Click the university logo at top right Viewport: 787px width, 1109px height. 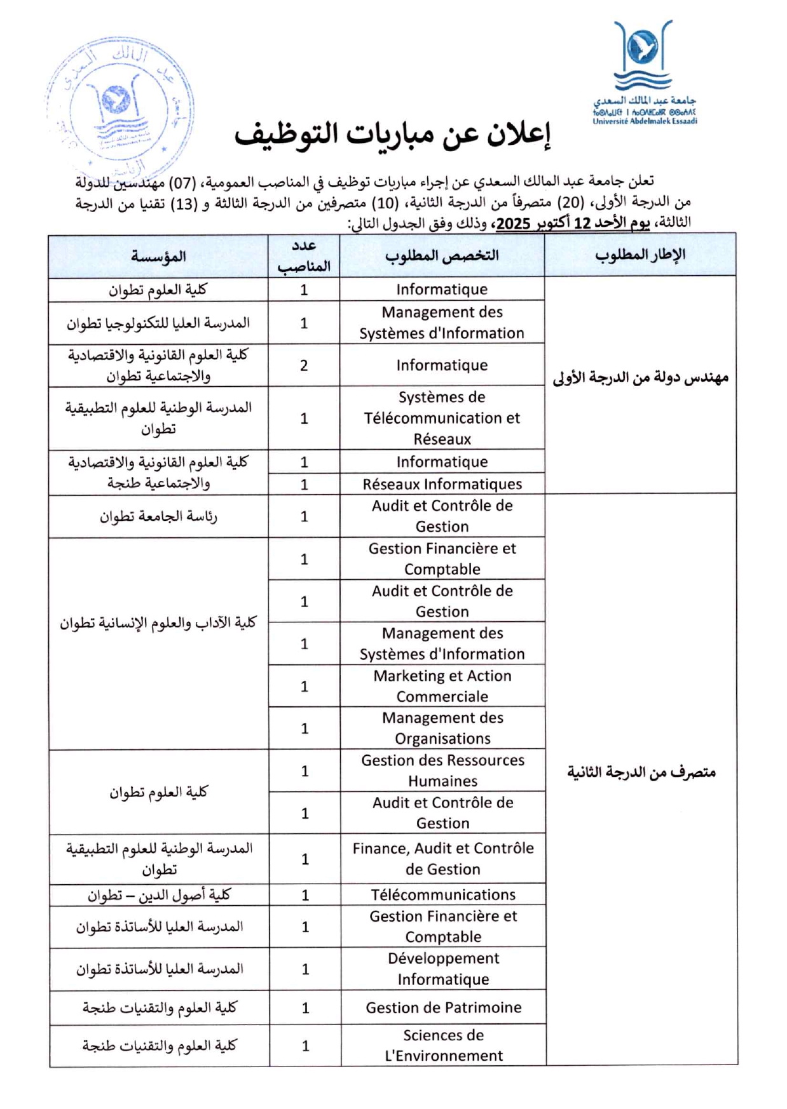643,72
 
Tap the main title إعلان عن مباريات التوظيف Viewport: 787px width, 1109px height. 392,135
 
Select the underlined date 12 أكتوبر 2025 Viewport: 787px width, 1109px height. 572,224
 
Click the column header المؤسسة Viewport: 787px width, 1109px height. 158,257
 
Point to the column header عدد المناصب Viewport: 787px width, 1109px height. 304,256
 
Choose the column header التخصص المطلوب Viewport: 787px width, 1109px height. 442,256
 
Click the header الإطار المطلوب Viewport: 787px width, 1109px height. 640,255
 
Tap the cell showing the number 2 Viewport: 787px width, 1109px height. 304,365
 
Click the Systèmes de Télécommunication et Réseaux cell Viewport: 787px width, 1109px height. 442,418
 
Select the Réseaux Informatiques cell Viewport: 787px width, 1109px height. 442,484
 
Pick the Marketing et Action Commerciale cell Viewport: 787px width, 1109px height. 442,686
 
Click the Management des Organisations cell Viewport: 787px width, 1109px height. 442,728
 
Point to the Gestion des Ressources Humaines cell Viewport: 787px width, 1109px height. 442,770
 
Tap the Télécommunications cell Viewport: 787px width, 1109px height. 443,895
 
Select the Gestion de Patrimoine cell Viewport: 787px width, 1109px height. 443,1007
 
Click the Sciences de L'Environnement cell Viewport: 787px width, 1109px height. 443,1045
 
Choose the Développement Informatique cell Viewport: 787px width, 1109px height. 443,969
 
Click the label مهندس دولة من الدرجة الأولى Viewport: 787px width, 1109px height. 640,378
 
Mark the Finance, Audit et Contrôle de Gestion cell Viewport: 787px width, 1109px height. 443,859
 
